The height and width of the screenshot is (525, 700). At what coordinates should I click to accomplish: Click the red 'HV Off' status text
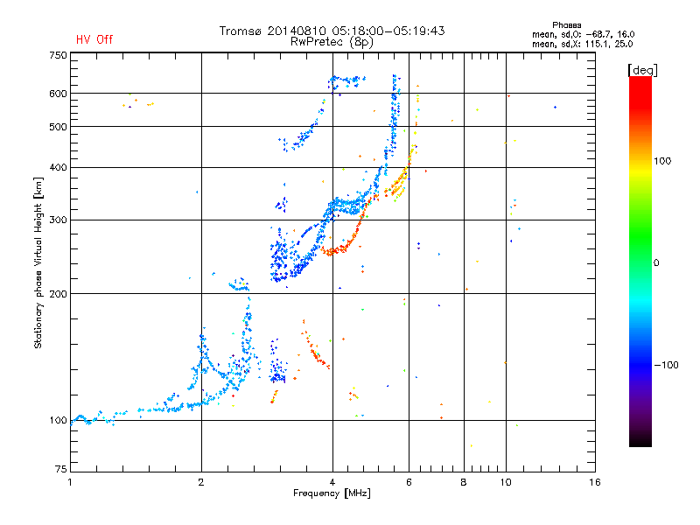coord(94,39)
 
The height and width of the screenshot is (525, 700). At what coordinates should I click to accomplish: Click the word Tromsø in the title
coord(241,31)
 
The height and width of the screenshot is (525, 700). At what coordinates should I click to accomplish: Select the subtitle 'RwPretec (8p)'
coord(332,42)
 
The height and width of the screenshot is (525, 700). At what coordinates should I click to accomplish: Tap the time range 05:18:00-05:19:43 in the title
coord(388,31)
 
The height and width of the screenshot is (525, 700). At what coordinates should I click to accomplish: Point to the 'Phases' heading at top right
coord(566,25)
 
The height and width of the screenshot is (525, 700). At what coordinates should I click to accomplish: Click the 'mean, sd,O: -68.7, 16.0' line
coord(583,34)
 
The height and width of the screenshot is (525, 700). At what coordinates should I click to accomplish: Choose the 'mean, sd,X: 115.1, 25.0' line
coord(582,44)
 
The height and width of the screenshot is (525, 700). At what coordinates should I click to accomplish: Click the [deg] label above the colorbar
coord(642,71)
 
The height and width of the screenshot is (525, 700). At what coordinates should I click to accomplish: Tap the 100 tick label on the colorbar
coord(662,161)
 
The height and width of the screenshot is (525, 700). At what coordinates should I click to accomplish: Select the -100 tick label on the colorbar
coord(666,365)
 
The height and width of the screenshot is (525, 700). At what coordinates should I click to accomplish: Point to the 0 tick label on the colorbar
coord(656,263)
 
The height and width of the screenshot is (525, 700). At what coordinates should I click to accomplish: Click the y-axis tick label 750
coord(58,55)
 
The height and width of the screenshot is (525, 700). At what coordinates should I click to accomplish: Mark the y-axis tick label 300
coord(58,220)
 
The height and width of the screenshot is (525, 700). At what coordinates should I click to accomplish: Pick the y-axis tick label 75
coord(61,469)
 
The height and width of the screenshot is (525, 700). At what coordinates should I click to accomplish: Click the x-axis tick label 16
coord(594,482)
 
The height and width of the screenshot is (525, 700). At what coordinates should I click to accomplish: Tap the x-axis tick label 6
coord(409,482)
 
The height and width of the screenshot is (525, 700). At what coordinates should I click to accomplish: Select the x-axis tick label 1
coord(70,482)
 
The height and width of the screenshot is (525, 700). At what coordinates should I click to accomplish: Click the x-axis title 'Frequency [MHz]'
coord(332,493)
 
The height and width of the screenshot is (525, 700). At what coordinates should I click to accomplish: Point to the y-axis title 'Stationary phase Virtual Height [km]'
coord(38,262)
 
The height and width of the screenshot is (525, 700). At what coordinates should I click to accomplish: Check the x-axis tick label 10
coord(506,482)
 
